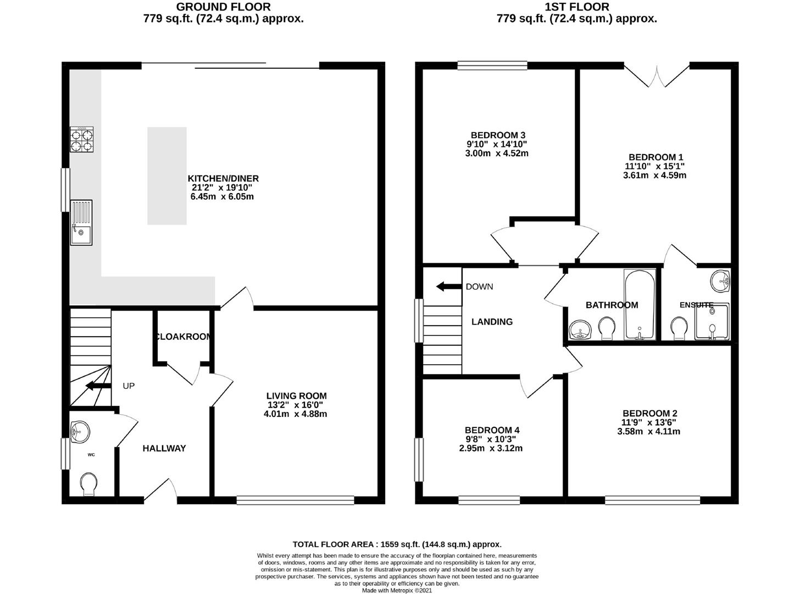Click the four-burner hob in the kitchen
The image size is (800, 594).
coord(81,139)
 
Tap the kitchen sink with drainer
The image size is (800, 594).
coord(81,222)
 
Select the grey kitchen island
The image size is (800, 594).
coord(166,176)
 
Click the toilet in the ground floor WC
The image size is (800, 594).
coord(88,484)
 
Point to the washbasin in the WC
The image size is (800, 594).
coord(80,432)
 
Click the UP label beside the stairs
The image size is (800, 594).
coord(129,386)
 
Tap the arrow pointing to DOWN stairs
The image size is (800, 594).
coord(449,287)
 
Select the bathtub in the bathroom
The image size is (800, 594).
coord(640,305)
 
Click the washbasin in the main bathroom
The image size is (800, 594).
coord(580,329)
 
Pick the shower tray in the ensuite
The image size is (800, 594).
coord(712,321)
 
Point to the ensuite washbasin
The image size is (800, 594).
coord(720,280)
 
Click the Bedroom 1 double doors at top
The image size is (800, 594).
coord(657,76)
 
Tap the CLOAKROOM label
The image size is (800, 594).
coord(183,337)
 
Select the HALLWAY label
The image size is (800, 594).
coord(164,448)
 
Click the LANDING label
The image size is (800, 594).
coord(492,322)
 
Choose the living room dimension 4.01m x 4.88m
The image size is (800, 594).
coord(296,414)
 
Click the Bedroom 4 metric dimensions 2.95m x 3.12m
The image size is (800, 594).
coord(491,448)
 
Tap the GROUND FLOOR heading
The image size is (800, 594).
coord(223,7)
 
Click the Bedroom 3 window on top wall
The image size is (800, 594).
coord(492,65)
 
